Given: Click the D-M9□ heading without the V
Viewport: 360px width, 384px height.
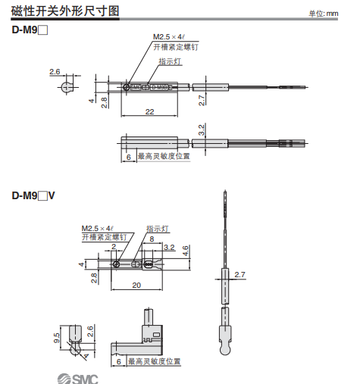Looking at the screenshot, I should click(30, 31).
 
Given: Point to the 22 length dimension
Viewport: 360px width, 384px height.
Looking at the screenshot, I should click(149, 112).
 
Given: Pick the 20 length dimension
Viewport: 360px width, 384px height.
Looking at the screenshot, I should click(136, 286).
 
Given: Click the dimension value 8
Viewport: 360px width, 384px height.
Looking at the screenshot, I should click(152, 239).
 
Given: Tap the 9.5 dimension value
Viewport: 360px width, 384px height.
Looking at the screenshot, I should click(56, 337).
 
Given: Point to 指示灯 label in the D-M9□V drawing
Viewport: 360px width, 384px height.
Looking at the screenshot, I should click(157, 228).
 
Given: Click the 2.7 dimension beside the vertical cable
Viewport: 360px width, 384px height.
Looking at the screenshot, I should click(240, 274).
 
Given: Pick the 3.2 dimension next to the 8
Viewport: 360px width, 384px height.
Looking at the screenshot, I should click(169, 247).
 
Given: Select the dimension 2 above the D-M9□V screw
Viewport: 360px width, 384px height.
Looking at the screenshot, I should click(114, 247).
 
